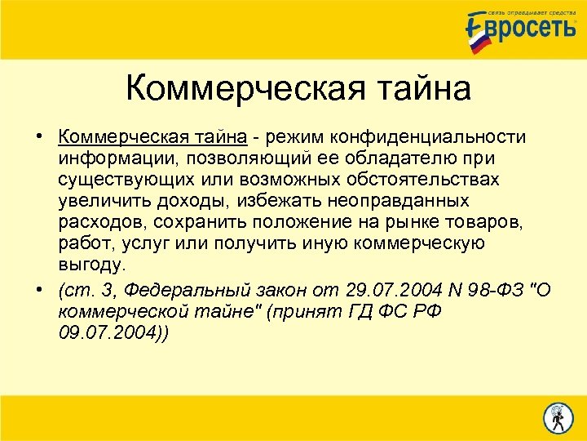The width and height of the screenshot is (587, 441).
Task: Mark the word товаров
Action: pyautogui.click(x=488, y=221)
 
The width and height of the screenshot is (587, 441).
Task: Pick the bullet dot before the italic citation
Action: pyautogui.click(x=39, y=289)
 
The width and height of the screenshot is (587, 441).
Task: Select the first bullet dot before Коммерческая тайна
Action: pyautogui.click(x=39, y=135)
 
